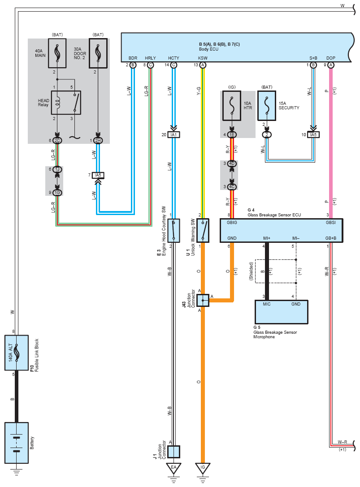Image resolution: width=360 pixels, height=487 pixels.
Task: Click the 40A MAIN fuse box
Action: point(57,53)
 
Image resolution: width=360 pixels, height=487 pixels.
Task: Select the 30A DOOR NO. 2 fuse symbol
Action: point(98,53)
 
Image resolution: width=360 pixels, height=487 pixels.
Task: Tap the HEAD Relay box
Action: point(66,103)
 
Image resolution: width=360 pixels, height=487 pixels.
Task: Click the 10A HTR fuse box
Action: point(232,106)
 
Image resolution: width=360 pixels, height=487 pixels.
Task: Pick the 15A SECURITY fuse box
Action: point(267,106)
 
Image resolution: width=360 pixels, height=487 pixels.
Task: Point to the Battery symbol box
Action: point(17,443)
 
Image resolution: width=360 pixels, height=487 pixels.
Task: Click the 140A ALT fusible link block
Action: point(17,353)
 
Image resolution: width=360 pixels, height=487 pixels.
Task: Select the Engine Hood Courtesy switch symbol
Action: point(174,230)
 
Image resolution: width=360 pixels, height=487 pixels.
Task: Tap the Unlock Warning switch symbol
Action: point(203,230)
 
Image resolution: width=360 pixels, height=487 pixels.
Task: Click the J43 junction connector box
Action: point(203,300)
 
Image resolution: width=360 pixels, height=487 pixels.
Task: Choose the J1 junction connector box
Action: point(174,452)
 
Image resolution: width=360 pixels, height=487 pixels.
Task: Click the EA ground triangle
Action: point(174,468)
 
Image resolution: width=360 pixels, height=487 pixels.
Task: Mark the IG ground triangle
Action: point(203,468)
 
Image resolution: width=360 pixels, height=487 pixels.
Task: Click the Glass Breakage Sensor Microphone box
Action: point(282,312)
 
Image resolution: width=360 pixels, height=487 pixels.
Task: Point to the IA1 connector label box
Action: point(174,135)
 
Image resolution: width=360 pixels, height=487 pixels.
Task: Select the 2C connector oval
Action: point(57,141)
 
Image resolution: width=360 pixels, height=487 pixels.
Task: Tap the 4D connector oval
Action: point(232,164)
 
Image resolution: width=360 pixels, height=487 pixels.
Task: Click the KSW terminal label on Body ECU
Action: point(203,58)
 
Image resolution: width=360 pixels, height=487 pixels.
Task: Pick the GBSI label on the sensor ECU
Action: point(331,222)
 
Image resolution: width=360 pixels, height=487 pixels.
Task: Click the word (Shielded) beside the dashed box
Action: point(251,271)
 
